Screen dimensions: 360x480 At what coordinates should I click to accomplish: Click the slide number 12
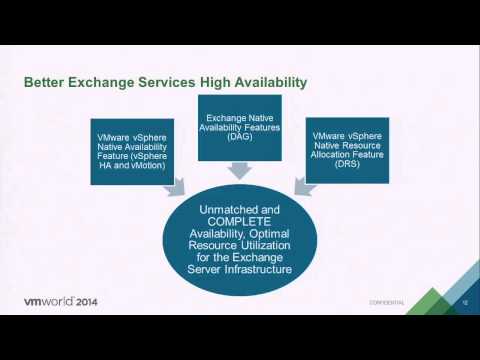pos(465,301)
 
